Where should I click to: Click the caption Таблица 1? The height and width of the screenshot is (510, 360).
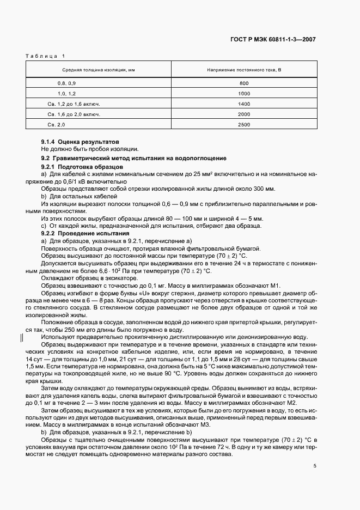(45, 56)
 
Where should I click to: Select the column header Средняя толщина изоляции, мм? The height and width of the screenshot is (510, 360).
(98, 70)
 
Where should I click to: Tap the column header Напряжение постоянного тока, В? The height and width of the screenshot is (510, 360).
(243, 70)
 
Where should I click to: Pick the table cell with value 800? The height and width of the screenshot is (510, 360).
(243, 83)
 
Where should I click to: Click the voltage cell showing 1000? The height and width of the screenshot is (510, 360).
(243, 94)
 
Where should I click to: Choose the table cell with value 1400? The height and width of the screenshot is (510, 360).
(243, 104)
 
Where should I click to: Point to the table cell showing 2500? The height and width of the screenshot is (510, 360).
(243, 125)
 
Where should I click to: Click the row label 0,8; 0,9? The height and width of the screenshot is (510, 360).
(67, 83)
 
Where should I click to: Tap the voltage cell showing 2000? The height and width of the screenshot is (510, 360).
(243, 114)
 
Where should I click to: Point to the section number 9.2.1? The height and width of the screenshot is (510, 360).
(49, 166)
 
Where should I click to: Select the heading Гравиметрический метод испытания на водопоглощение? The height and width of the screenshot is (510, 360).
(142, 158)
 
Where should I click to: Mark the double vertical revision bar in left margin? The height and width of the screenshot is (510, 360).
(22, 337)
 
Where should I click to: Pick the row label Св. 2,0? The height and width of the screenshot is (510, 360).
(57, 125)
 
